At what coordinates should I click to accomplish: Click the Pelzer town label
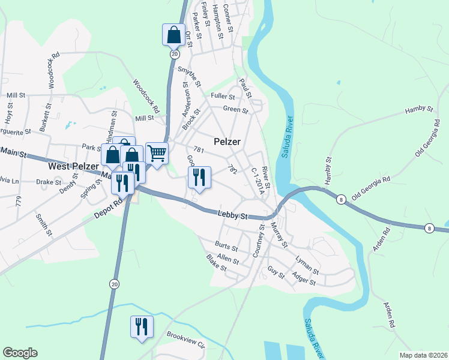227,142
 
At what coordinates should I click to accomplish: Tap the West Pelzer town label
73,166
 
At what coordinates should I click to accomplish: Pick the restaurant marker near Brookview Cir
142,327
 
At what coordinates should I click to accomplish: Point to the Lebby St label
232,215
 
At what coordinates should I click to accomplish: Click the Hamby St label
419,109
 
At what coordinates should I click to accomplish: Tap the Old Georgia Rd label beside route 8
371,188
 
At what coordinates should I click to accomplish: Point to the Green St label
235,110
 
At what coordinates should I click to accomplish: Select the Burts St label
226,245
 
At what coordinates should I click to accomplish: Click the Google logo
20,353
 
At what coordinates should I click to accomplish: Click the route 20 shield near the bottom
114,283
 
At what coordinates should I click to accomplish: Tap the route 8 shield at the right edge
429,228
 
